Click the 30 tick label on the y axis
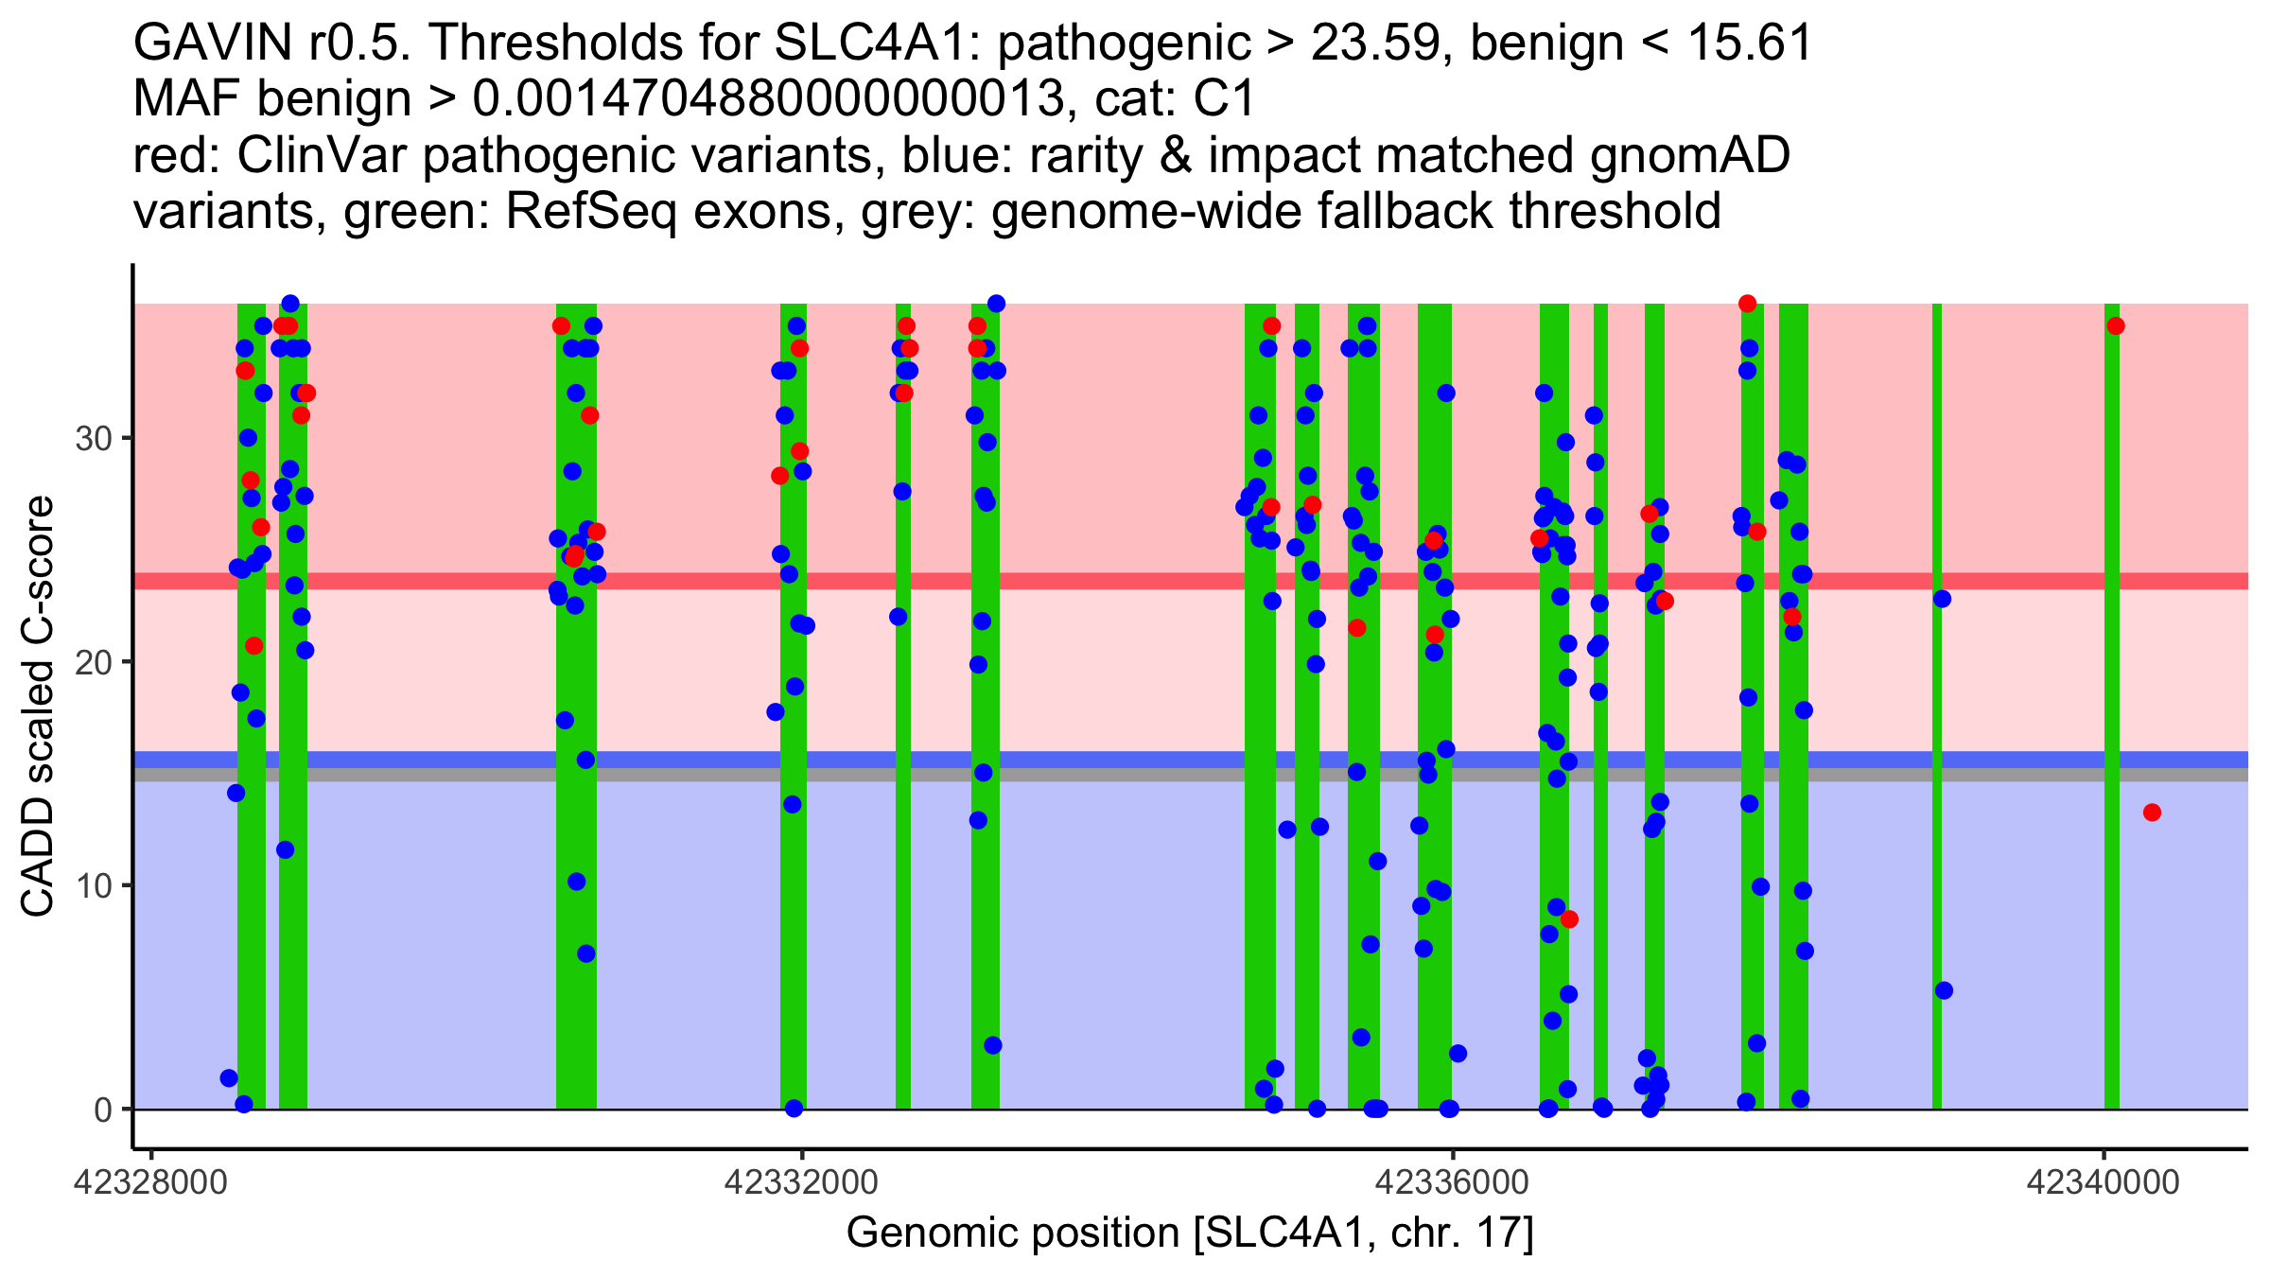(92, 438)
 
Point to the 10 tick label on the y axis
(92, 885)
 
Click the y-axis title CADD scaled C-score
(38, 708)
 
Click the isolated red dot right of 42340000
(2152, 813)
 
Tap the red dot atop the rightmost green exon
(2116, 326)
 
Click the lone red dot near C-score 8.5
(1569, 918)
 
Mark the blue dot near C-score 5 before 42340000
(1944, 990)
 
